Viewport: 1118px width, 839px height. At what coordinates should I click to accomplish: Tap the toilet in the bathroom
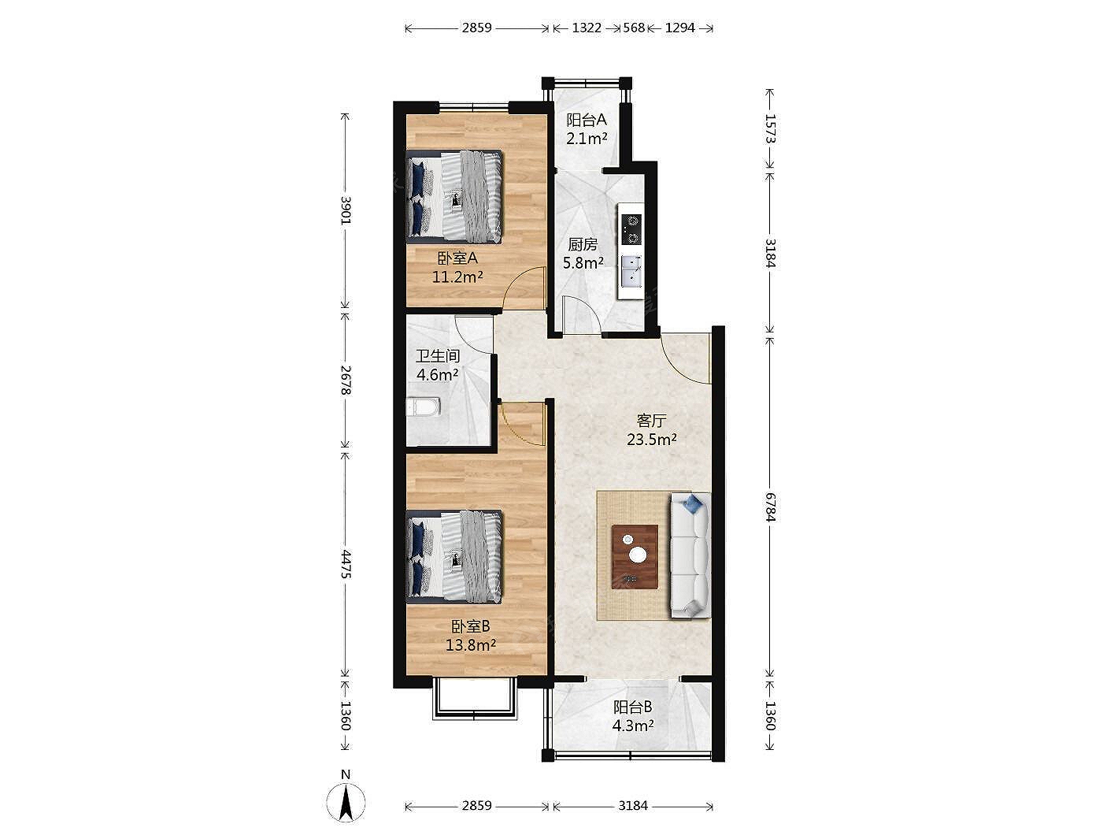point(423,407)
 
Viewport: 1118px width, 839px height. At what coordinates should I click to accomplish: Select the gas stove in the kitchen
point(631,229)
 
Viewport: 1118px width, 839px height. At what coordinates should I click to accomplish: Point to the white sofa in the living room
point(690,555)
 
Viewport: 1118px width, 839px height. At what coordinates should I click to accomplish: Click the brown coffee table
point(635,556)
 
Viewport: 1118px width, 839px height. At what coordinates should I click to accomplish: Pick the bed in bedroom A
point(454,195)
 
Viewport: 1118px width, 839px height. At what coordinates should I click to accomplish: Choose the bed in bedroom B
point(454,557)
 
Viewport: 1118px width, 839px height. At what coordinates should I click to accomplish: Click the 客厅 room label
point(651,421)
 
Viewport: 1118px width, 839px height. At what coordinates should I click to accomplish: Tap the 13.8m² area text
point(471,645)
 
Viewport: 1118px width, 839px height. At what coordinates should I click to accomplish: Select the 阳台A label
point(587,120)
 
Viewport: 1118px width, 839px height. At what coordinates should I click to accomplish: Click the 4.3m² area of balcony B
point(632,726)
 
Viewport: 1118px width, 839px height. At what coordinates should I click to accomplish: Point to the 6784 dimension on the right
point(770,507)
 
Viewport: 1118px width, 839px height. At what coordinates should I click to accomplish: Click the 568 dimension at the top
point(634,28)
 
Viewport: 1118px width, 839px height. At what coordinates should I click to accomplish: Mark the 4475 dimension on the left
point(346,564)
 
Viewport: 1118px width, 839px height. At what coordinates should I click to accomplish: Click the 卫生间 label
point(438,355)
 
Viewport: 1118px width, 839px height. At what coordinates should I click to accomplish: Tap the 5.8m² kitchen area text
point(583,263)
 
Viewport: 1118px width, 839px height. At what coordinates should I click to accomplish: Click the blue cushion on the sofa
point(693,503)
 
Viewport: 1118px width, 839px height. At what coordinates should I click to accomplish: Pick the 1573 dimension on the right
point(770,128)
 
